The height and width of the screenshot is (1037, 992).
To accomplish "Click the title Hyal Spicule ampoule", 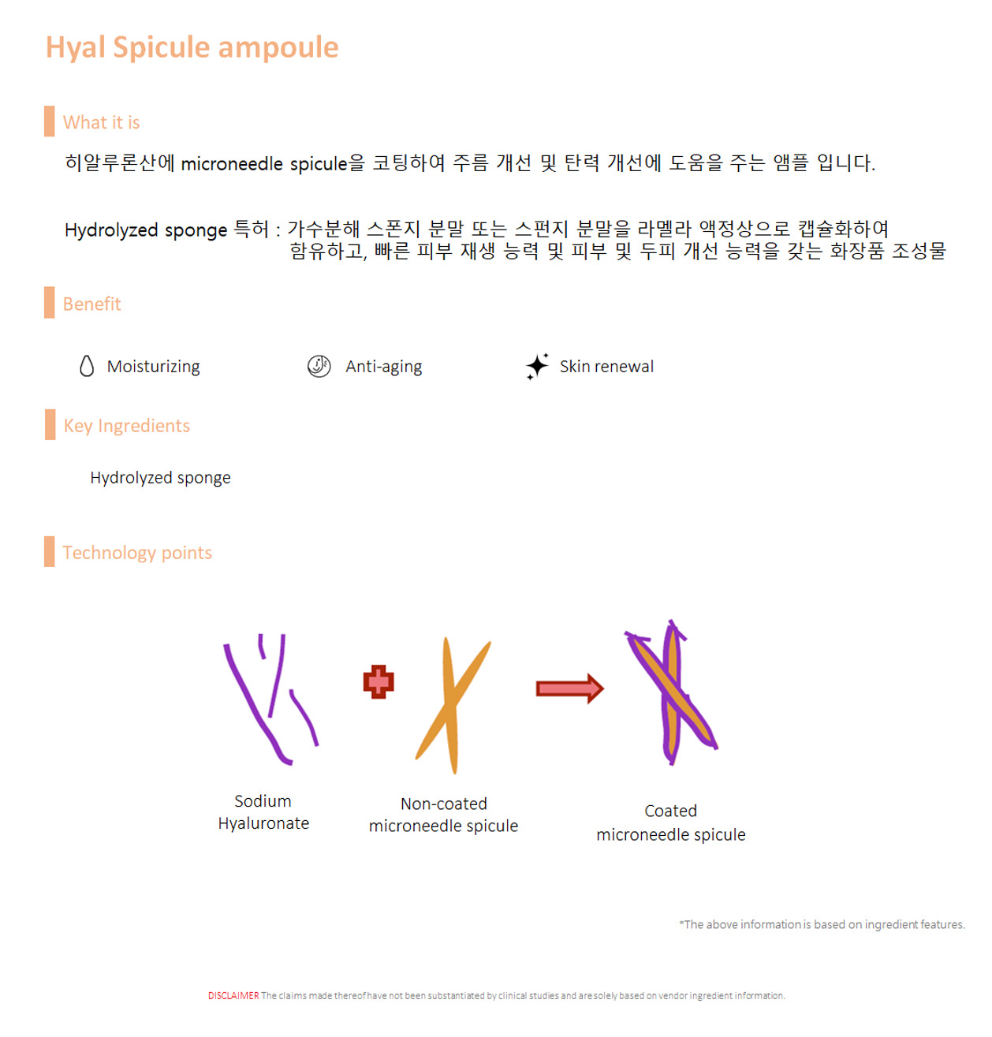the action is click(x=191, y=47).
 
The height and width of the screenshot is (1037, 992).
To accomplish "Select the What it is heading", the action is click(x=101, y=121).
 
